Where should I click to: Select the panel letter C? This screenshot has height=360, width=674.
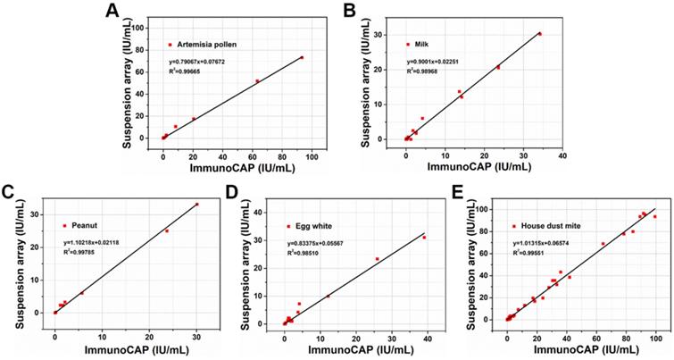(7, 192)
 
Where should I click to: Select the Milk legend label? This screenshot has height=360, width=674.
(423, 44)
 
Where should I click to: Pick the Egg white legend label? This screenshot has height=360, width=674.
(313, 226)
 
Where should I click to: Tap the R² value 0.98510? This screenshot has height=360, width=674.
(307, 254)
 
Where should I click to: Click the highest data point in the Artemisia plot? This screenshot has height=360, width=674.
(302, 57)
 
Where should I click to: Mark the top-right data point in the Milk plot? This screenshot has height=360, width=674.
(539, 34)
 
